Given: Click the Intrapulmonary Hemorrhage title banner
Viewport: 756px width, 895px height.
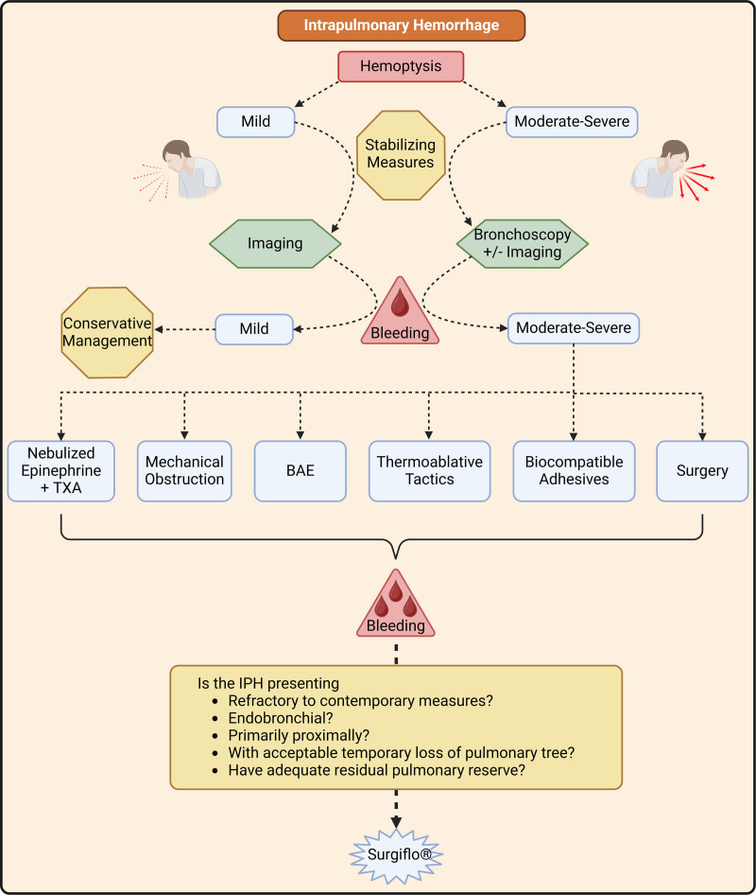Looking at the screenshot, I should click(401, 25).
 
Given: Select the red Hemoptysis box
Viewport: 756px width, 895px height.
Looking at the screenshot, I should click(402, 66).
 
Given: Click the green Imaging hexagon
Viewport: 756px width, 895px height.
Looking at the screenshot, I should click(275, 243).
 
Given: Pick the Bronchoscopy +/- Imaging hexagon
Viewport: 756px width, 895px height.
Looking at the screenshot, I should click(522, 243).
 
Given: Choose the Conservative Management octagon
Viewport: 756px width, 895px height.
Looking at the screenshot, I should click(108, 331).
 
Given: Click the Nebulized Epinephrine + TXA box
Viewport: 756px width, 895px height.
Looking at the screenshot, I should click(61, 470).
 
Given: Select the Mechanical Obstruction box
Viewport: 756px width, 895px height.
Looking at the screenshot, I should click(184, 470).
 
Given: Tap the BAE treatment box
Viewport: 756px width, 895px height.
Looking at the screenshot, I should click(301, 470).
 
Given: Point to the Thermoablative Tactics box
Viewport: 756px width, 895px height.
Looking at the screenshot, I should click(429, 470).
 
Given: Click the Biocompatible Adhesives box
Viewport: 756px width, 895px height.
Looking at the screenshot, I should click(574, 470).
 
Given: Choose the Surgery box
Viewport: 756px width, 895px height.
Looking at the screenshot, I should click(702, 470).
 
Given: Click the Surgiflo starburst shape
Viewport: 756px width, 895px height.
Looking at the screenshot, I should click(396, 856).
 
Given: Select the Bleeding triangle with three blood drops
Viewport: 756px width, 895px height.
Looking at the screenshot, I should click(396, 605).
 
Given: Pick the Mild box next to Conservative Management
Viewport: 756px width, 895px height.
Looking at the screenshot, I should click(254, 329).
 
